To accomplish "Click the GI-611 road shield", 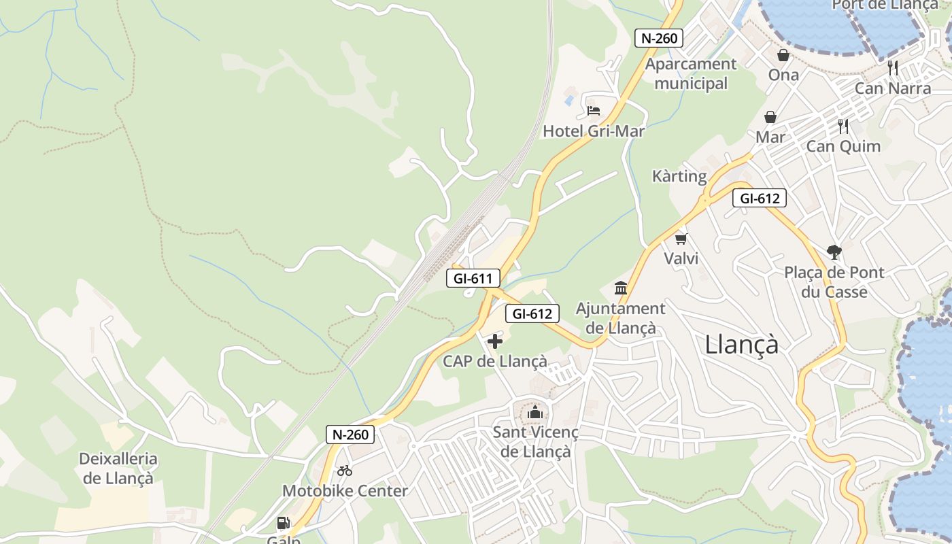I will tap(473, 278).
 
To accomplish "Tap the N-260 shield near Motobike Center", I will tap(350, 435).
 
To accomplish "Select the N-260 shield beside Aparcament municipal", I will tap(658, 38).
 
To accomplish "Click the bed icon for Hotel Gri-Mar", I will tap(593, 110).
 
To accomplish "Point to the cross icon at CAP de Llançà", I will tap(495, 341).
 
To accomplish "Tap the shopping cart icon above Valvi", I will tap(681, 239).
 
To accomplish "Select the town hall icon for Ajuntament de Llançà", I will tap(620, 288).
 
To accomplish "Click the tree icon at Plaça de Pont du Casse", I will tap(834, 252).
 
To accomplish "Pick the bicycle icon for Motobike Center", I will tap(345, 470).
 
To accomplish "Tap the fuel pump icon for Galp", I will tap(283, 523).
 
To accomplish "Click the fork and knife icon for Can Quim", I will tap(843, 126).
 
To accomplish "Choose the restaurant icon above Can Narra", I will tap(893, 68).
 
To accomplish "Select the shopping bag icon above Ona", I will tap(783, 55).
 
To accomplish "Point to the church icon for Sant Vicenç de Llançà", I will tap(535, 412).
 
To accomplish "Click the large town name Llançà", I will tap(742, 344).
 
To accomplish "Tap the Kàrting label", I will tap(679, 176).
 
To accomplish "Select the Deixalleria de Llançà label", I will tap(118, 469).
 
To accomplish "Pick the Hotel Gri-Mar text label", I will tap(593, 131).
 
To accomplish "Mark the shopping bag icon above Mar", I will tap(770, 118).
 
